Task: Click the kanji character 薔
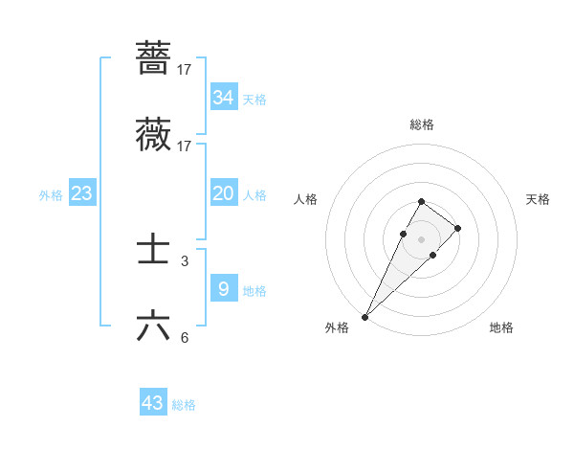(x=153, y=57)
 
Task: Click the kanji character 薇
(x=153, y=135)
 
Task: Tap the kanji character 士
(x=153, y=250)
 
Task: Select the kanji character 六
(x=153, y=326)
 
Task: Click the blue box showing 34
(x=223, y=97)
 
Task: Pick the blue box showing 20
(x=223, y=193)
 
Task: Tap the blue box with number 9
(x=223, y=288)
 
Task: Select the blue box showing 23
(x=81, y=193)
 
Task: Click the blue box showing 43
(x=153, y=403)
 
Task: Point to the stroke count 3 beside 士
(x=184, y=260)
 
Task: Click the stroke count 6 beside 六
(x=184, y=337)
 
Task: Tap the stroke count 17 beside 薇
(x=184, y=146)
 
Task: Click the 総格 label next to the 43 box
(x=184, y=405)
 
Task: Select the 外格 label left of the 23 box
(x=51, y=195)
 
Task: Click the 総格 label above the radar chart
(x=421, y=124)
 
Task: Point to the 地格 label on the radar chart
(x=501, y=327)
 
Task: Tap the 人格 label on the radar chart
(x=306, y=199)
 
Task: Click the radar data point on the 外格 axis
(x=365, y=316)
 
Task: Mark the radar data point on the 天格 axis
(x=458, y=228)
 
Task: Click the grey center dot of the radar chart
(x=421, y=238)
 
